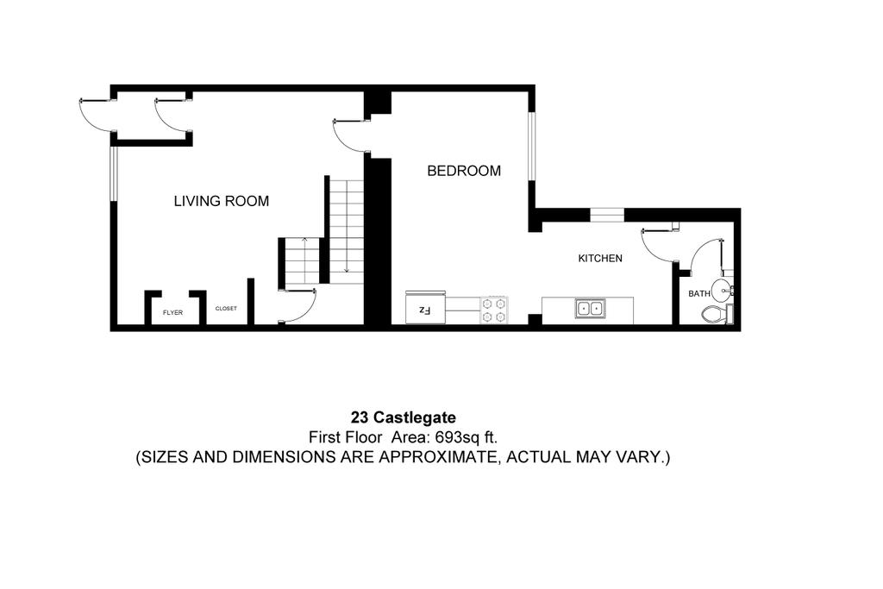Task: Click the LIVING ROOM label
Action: (222, 202)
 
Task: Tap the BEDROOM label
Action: (464, 171)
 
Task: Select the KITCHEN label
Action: (600, 258)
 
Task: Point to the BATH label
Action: (699, 294)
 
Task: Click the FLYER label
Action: (172, 312)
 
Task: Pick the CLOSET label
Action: (226, 309)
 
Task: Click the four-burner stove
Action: (495, 310)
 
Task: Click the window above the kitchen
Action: (607, 213)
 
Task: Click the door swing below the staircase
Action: (298, 306)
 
